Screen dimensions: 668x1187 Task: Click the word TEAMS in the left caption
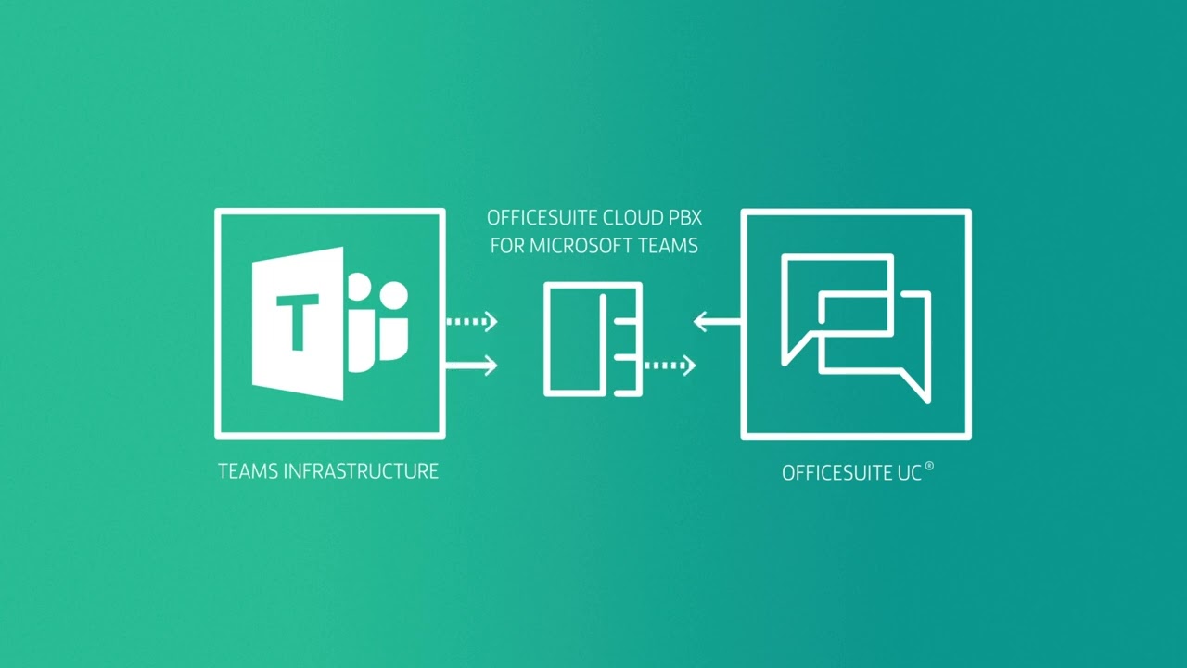[248, 471]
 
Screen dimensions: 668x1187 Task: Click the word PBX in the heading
[683, 219]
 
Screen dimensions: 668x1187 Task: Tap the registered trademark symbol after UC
[929, 468]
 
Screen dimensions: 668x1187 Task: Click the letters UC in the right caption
[908, 473]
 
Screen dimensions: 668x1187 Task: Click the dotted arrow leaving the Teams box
[471, 322]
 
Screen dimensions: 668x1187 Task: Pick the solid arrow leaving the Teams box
[471, 366]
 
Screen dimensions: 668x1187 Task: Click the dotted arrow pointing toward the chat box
[670, 366]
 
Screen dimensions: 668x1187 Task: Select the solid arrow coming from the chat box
[717, 322]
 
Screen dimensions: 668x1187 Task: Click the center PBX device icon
[593, 340]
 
